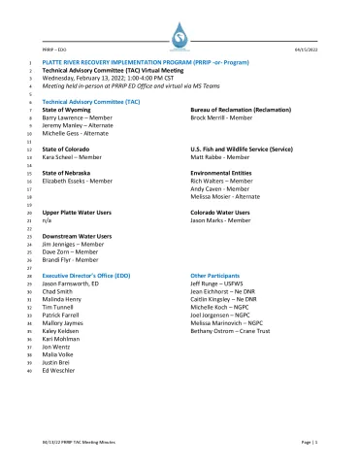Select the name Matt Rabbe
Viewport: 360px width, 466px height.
pos(210,157)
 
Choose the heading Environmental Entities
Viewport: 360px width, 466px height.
pos(222,173)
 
